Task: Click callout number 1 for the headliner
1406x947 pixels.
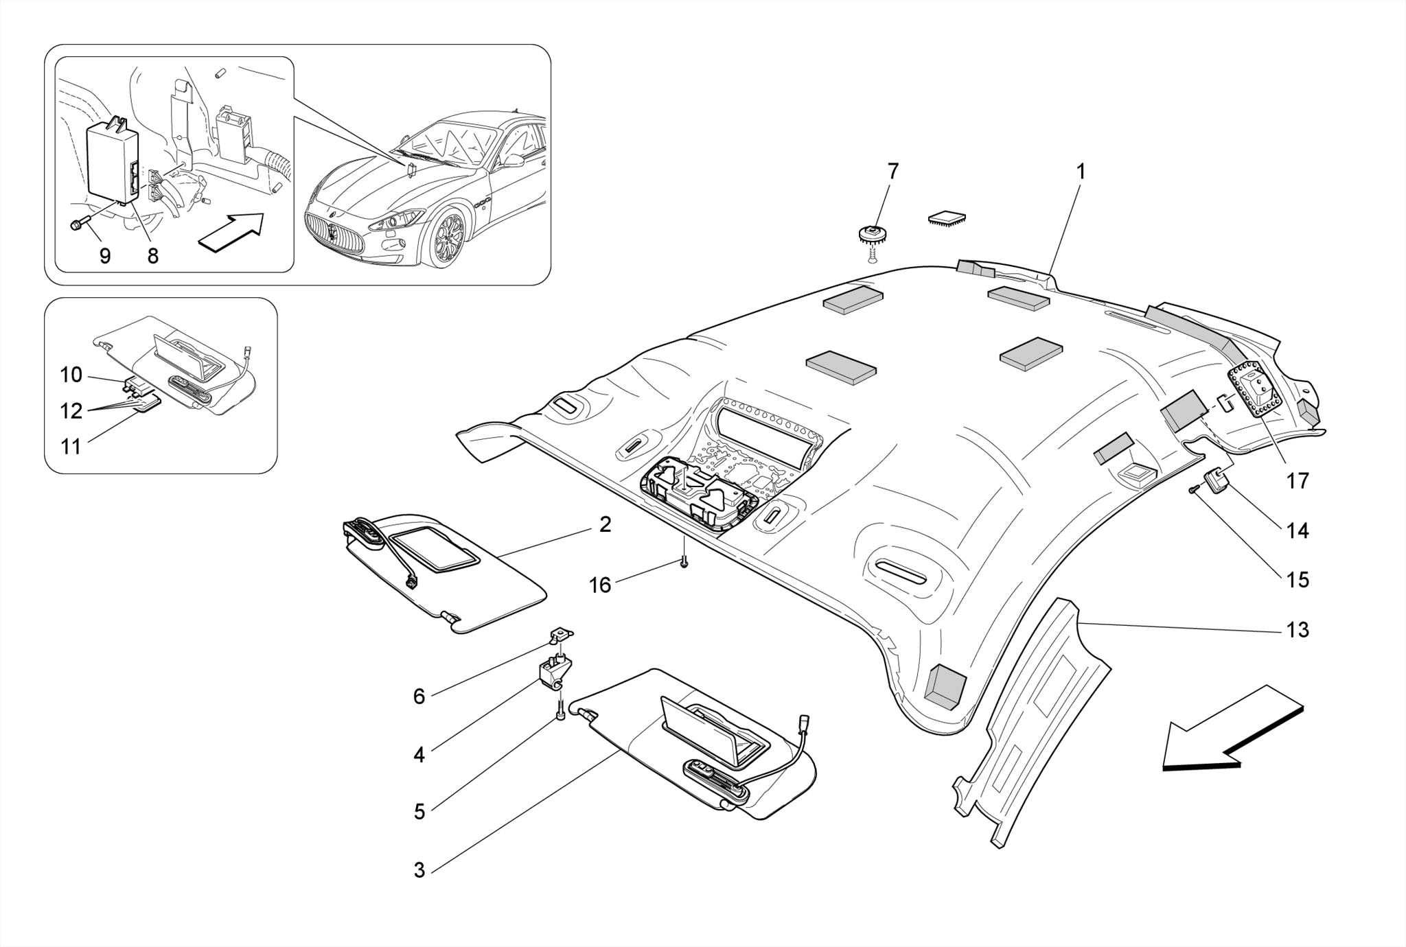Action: pos(1081,172)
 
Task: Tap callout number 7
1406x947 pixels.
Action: pos(892,172)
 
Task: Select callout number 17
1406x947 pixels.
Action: pos(1298,480)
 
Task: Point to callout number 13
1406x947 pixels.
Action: pos(1298,629)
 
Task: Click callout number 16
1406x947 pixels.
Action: pos(600,585)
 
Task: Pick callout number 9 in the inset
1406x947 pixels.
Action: pos(105,256)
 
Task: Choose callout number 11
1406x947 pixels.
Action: pos(71,447)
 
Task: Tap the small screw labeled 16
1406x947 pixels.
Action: pos(684,563)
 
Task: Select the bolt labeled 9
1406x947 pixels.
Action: pos(78,224)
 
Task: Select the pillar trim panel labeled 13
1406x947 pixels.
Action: pos(1030,721)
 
